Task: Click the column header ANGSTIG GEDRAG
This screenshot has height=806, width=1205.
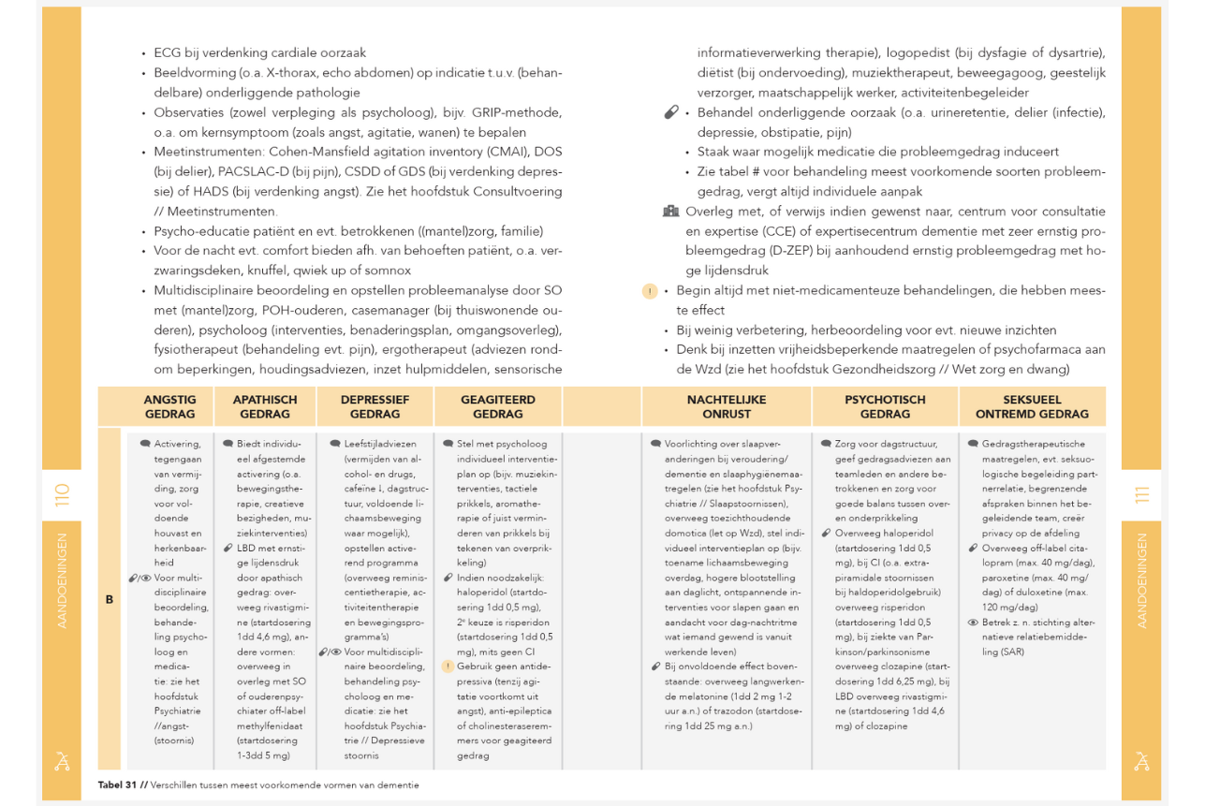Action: coord(169,406)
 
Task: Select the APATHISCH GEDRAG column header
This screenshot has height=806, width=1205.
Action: coord(265,406)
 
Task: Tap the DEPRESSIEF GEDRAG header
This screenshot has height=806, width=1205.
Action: coord(375,406)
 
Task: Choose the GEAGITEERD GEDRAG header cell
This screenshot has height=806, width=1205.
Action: coord(497,406)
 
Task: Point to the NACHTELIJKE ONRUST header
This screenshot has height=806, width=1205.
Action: coord(726,406)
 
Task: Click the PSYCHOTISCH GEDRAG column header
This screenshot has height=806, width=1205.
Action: coord(885,406)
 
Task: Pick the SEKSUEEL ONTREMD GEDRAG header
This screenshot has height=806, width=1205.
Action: coord(1032,406)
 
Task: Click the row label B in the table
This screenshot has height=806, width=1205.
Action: coord(110,599)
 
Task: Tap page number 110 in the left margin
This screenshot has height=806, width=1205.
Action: coord(62,495)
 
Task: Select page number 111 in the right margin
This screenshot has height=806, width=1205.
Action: coord(1141,495)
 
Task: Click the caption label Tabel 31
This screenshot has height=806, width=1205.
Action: coord(118,784)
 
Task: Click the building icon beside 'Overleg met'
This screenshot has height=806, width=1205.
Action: coord(670,212)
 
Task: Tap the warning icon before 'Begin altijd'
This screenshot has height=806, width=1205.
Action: coord(650,291)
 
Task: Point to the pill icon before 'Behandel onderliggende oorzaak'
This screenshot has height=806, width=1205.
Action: coord(670,112)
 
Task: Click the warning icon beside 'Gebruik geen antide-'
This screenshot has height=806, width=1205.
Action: coord(448,667)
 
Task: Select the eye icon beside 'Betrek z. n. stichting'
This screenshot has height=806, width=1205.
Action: coord(974,623)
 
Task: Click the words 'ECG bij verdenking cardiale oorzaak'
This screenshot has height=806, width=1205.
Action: coord(260,53)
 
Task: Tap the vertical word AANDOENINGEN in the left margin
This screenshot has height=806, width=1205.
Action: coord(62,580)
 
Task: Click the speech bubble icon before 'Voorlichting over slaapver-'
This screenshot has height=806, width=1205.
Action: coord(656,444)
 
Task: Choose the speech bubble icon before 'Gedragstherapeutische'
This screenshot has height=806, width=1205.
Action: coord(974,444)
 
